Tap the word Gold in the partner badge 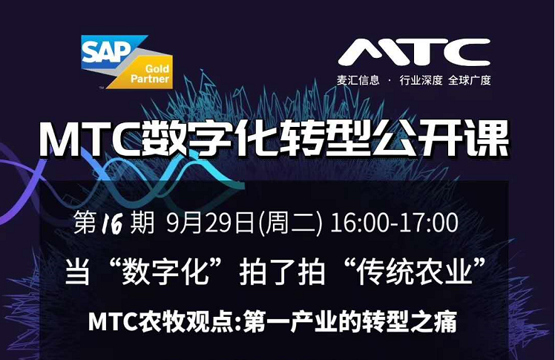[x=157, y=68]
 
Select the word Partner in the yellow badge [x=150, y=79]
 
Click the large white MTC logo [x=414, y=52]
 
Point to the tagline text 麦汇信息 [x=358, y=80]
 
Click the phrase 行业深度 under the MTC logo [x=421, y=80]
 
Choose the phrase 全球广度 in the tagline [x=470, y=80]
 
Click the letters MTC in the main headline [x=89, y=140]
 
